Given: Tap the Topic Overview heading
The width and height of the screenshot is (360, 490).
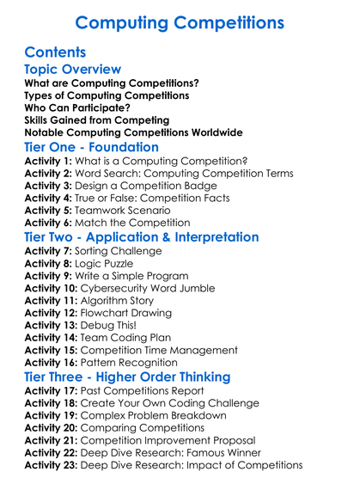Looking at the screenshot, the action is pyautogui.click(x=73, y=69).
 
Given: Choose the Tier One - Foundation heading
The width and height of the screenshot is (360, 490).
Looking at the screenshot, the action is pyautogui.click(x=92, y=148).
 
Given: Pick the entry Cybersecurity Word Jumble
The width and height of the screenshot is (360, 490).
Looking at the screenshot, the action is pyautogui.click(x=161, y=289).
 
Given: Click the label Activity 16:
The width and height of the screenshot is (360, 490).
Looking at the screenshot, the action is pyautogui.click(x=54, y=363).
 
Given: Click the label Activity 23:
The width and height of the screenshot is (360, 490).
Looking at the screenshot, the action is pyautogui.click(x=54, y=465).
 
